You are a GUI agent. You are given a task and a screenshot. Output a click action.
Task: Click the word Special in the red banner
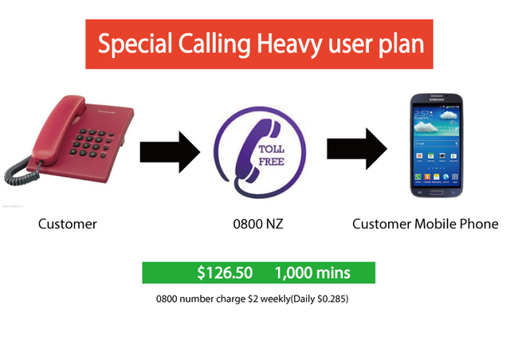click(135, 45)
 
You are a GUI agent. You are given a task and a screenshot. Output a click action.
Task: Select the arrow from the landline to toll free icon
click(170, 152)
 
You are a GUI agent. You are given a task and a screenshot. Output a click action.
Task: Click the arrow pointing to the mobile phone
click(357, 149)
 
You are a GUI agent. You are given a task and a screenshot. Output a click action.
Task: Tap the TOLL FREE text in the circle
click(271, 155)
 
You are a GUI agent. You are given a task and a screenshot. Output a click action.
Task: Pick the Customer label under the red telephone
click(67, 224)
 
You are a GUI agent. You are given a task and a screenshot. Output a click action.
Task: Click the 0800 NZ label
click(258, 224)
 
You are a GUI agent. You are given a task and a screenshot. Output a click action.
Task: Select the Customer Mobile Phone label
click(425, 224)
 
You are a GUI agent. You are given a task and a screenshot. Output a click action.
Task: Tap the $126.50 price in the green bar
click(225, 272)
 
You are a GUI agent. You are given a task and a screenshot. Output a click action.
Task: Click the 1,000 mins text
click(312, 272)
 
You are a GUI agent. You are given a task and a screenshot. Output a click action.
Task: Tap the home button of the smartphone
click(436, 193)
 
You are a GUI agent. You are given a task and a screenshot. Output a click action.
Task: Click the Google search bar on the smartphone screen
click(436, 143)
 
